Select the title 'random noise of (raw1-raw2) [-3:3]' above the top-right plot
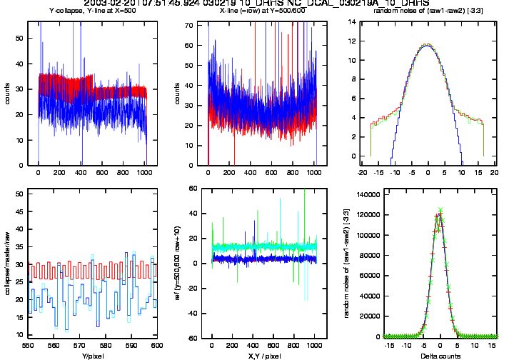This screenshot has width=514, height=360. pyautogui.click(x=427, y=11)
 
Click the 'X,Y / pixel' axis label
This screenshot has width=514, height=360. pyautogui.click(x=259, y=355)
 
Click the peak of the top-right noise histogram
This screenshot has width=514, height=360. pyautogui.click(x=427, y=45)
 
